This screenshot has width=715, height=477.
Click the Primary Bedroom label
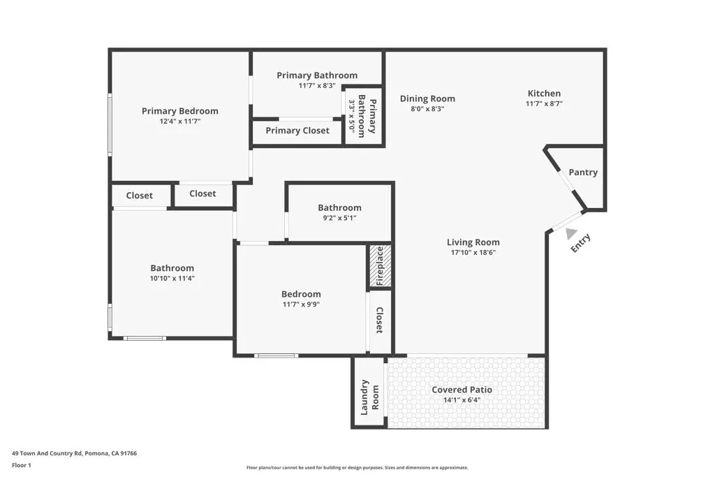click(x=179, y=111)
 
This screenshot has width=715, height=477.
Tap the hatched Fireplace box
click(x=380, y=266)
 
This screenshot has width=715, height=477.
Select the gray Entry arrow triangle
click(x=572, y=234)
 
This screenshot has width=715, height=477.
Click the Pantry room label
click(x=583, y=173)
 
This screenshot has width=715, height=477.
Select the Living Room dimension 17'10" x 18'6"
click(x=473, y=253)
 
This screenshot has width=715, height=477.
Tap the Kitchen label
click(x=544, y=94)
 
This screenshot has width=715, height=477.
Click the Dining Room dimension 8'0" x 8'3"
click(x=427, y=109)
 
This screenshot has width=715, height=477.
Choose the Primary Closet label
click(x=297, y=131)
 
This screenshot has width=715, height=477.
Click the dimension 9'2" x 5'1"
click(x=339, y=218)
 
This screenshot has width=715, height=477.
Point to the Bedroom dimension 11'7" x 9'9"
click(x=301, y=304)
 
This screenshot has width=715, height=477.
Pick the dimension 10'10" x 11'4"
click(x=172, y=279)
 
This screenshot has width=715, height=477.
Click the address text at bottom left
click(x=74, y=453)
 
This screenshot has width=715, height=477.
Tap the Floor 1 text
click(x=22, y=464)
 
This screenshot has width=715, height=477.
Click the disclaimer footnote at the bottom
click(x=357, y=468)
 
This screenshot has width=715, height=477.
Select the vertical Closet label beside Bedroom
click(x=379, y=320)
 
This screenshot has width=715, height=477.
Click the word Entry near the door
click(x=581, y=243)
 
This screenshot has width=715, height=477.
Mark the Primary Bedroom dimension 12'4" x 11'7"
click(x=179, y=122)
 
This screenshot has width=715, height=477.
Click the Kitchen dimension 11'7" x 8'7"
click(x=544, y=104)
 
